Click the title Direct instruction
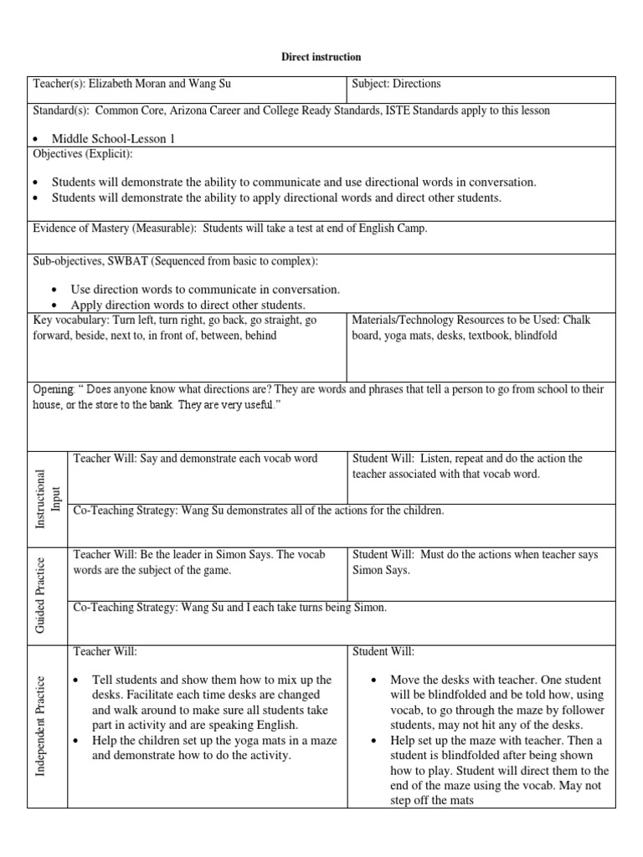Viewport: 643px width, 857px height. tap(321, 57)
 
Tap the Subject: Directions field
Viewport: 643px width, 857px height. tap(397, 84)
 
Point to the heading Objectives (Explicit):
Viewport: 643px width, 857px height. tap(82, 154)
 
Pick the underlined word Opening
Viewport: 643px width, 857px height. tap(53, 390)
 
